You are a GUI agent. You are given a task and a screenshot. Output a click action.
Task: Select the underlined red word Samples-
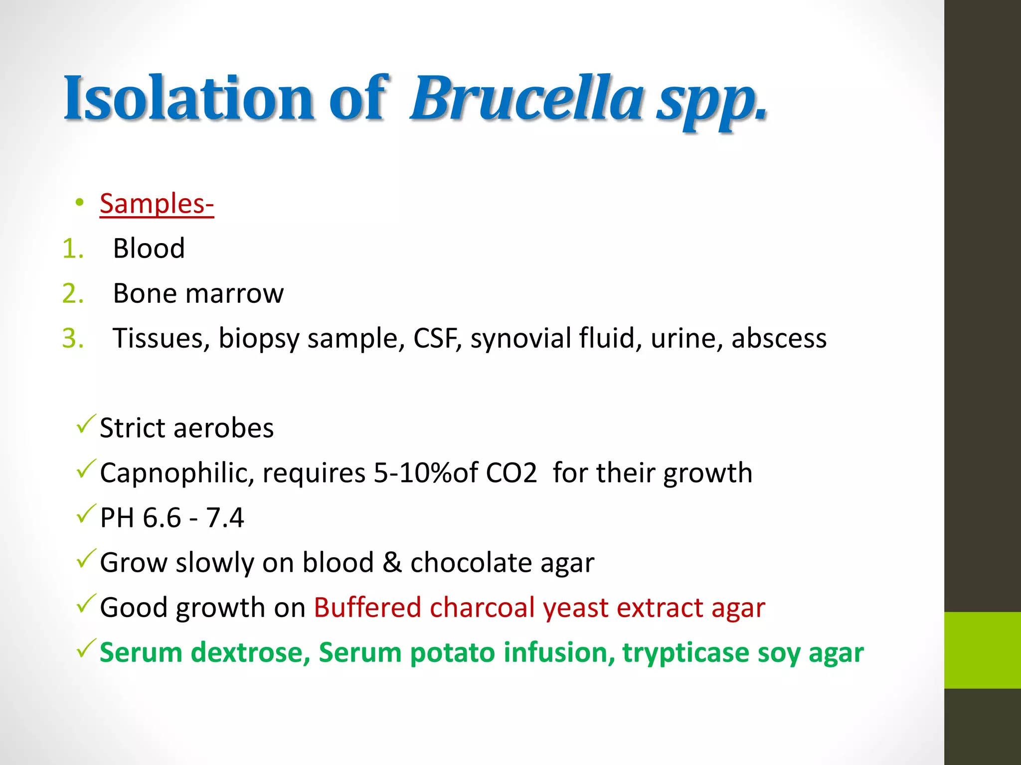pyautogui.click(x=157, y=204)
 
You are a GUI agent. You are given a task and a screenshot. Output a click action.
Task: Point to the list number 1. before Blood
pyautogui.click(x=73, y=249)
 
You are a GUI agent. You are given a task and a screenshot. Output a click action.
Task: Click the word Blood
pyautogui.click(x=149, y=249)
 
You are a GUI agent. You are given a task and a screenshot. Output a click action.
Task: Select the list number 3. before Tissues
pyautogui.click(x=73, y=338)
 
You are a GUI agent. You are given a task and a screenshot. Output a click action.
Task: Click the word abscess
pyautogui.click(x=779, y=338)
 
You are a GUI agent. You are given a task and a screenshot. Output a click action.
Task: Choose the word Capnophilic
pyautogui.click(x=176, y=473)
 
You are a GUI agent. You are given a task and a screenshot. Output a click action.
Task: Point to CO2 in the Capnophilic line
pyautogui.click(x=511, y=473)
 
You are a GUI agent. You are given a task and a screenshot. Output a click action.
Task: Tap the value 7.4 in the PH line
pyautogui.click(x=225, y=517)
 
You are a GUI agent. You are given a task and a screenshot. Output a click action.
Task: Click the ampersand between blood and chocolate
pyautogui.click(x=392, y=562)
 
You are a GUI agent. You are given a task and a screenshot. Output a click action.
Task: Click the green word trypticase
pyautogui.click(x=685, y=653)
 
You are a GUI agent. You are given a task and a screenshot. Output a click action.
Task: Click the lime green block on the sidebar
pyautogui.click(x=982, y=650)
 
